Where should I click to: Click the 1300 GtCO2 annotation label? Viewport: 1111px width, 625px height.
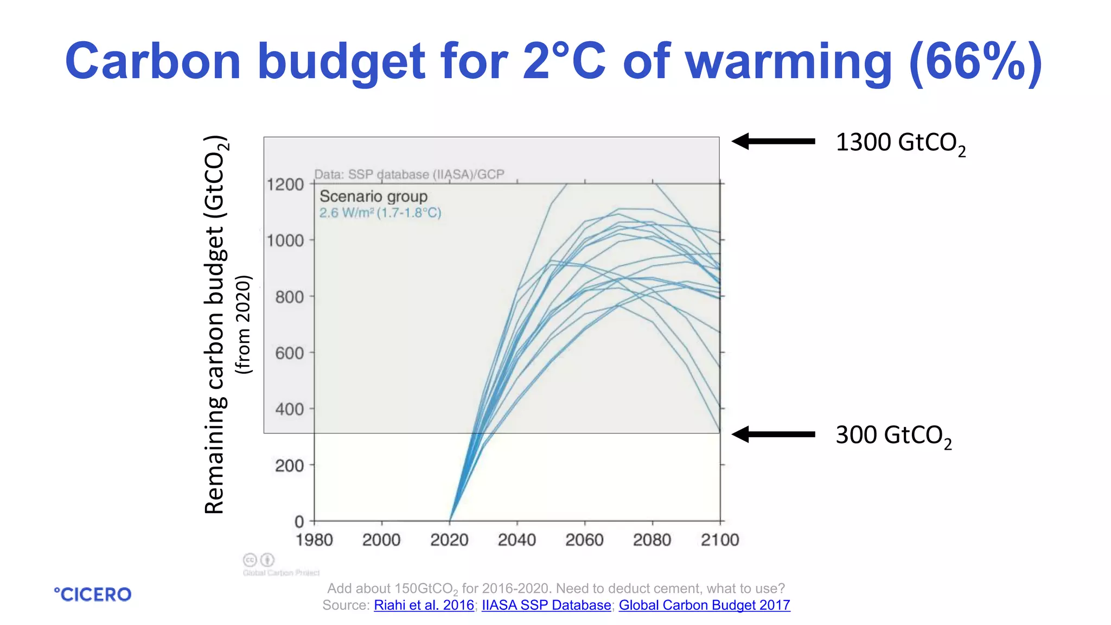[900, 144]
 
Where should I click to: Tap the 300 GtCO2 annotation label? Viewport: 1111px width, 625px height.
[893, 436]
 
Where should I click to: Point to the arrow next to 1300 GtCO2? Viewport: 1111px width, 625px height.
[773, 141]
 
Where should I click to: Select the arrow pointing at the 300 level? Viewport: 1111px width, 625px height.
[773, 434]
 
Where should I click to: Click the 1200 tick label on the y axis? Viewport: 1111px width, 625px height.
[285, 184]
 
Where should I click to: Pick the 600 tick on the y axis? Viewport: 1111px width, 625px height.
[289, 353]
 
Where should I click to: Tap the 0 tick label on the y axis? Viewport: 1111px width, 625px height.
[299, 522]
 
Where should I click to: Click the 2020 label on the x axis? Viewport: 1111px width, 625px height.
[449, 540]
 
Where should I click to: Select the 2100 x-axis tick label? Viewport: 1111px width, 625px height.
[719, 540]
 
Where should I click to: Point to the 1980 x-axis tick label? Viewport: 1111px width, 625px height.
[314, 540]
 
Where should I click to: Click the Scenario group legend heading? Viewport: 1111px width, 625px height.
[373, 196]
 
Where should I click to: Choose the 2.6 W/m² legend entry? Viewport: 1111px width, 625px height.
[380, 213]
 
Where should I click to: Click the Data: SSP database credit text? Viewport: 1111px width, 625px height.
[409, 175]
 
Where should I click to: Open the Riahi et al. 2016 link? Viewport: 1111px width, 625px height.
[424, 605]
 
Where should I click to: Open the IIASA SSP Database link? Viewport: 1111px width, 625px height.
[546, 605]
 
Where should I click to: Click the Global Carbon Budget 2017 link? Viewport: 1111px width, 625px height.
[704, 605]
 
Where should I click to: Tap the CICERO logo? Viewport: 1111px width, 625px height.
[93, 595]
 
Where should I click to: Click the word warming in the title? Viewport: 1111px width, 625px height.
[788, 62]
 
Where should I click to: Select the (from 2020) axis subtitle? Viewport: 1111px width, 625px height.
[244, 324]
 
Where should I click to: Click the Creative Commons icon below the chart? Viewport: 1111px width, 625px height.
[250, 559]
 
